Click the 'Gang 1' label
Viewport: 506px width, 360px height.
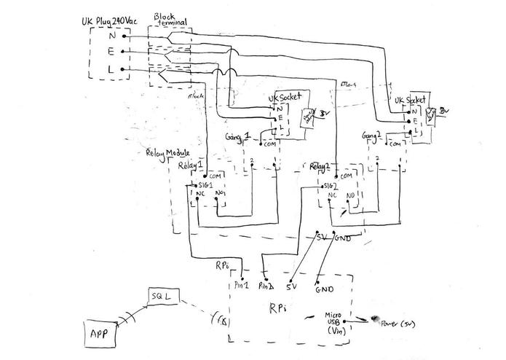[x=238, y=136]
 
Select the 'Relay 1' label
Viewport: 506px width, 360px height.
[x=191, y=165]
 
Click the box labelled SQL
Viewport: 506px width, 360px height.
[x=159, y=297]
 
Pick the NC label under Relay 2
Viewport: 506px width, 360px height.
[x=332, y=195]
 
